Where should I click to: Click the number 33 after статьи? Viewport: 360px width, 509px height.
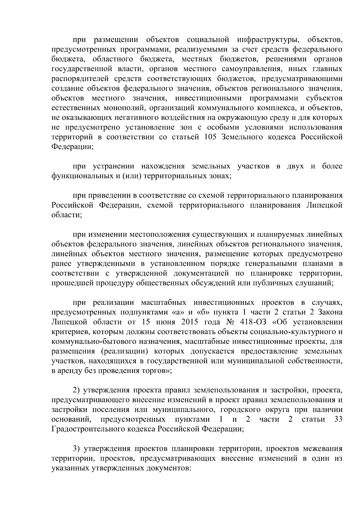point(338,420)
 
